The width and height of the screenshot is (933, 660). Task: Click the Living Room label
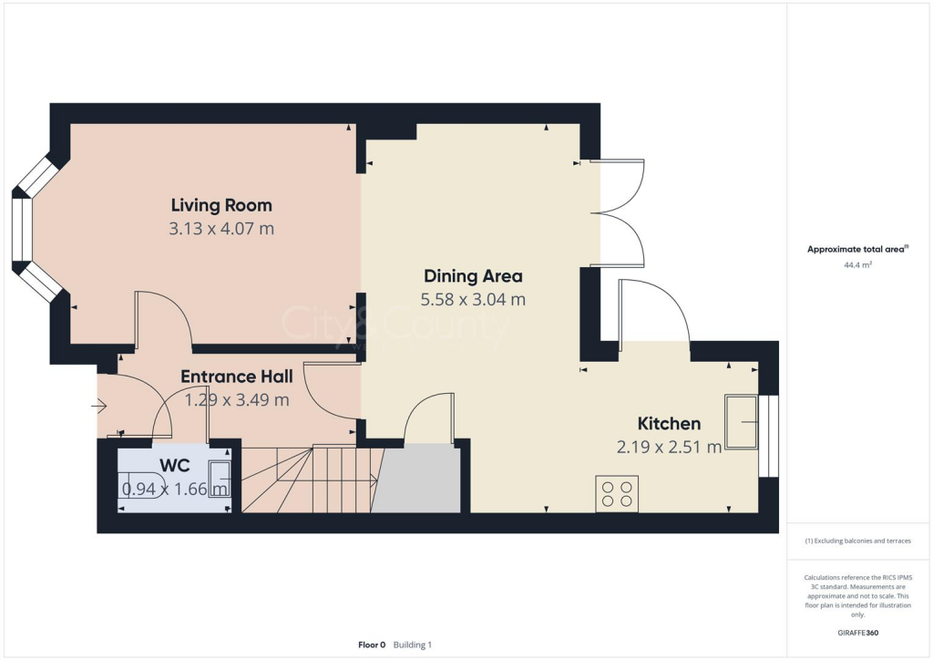click(x=221, y=205)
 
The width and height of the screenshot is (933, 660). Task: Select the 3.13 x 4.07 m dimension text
click(x=221, y=229)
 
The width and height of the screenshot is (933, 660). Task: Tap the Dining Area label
click(x=473, y=275)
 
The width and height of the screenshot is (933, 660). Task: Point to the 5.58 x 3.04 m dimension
click(x=473, y=299)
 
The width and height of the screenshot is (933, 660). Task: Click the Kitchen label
click(x=669, y=423)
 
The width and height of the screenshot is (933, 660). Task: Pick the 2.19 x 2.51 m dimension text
click(x=669, y=447)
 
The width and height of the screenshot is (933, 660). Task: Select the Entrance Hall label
click(x=236, y=376)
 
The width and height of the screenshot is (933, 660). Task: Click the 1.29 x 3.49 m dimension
click(x=236, y=399)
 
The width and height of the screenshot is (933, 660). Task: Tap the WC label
click(x=174, y=465)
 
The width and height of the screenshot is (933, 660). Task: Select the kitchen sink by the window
click(x=742, y=421)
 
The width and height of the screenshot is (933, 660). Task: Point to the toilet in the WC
click(x=143, y=488)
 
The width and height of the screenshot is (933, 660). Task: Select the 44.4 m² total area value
click(x=858, y=265)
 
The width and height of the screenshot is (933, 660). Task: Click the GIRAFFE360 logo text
click(x=858, y=633)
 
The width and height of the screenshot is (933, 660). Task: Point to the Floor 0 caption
click(x=372, y=645)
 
